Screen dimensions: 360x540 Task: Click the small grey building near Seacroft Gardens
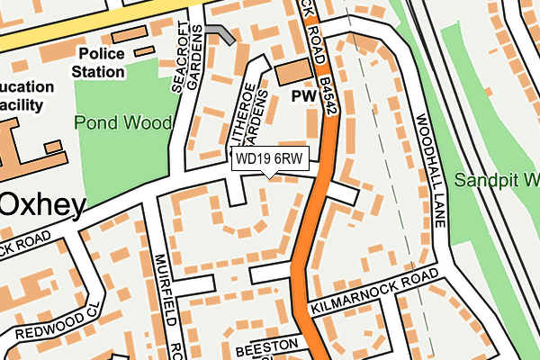click(x=220, y=34)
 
